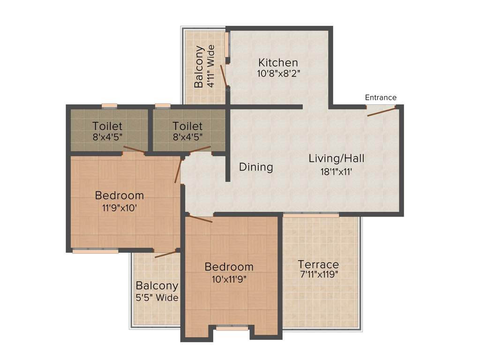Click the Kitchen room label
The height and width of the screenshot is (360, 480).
pos(278,62)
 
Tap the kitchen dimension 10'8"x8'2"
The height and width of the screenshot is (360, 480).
pos(278,74)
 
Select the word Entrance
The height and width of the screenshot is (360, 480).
pos(381,97)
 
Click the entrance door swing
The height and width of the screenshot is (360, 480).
pos(381,112)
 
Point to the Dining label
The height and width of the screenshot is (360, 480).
pos(256,167)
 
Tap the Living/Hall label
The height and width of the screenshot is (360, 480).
pos(336,158)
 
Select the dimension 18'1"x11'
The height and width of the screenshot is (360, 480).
pos(336,172)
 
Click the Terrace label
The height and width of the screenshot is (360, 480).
pos(319,264)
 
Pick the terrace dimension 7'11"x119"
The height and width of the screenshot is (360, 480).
pos(319,275)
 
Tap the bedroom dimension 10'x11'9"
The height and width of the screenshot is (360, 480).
pos(229,278)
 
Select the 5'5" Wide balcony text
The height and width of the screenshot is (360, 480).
pos(157,298)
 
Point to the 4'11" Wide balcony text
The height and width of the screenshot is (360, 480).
pos(211,66)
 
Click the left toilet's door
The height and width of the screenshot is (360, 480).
pos(134,150)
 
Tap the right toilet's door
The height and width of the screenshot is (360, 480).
pos(200,150)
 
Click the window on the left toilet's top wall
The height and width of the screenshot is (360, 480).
pos(110,105)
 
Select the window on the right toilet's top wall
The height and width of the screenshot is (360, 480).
pos(163,105)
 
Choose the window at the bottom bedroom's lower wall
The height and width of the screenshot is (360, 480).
pos(232,328)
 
